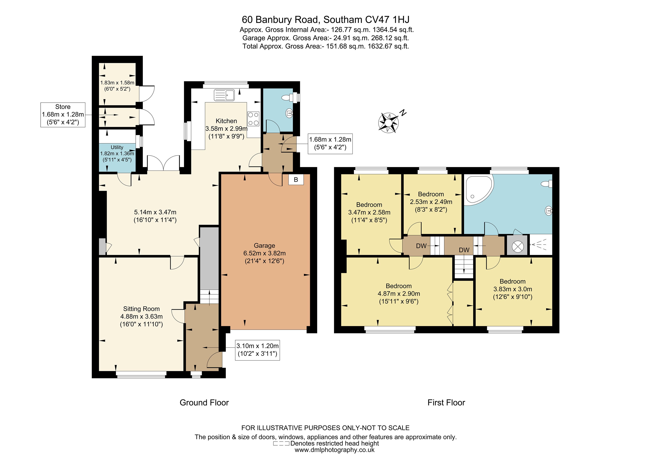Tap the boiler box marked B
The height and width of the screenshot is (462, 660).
pos(296,180)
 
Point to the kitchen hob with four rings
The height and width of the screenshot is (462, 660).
pos(253,119)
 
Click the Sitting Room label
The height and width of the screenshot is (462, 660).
pos(141,309)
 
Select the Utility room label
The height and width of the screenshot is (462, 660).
pos(117,147)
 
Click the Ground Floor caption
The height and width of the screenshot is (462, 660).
pos(204,403)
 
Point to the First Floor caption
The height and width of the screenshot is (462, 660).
pos(446,403)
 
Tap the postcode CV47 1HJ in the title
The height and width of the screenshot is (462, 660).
pos(387,20)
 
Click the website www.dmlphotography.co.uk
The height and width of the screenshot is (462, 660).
pos(335,450)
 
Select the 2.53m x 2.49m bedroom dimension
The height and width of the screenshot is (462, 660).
pos(431,202)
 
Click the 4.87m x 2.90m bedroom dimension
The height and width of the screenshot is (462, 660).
pos(399,294)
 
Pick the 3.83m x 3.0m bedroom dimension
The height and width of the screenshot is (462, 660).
pos(512,289)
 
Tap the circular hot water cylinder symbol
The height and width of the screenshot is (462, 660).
pos(517,246)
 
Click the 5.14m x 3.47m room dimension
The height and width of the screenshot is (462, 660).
pos(155,212)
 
